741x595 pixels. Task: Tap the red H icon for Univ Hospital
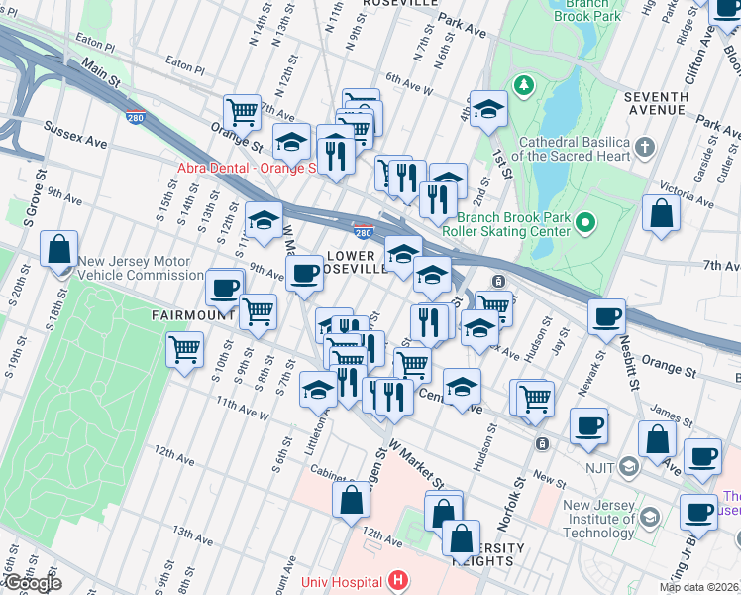click(397, 580)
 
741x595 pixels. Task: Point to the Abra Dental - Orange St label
click(246, 168)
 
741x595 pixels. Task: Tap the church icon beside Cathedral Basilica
click(645, 149)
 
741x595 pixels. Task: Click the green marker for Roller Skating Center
click(584, 224)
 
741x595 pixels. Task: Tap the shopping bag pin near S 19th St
click(59, 248)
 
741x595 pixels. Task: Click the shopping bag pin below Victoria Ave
click(661, 213)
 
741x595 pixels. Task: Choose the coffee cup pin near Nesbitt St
click(606, 317)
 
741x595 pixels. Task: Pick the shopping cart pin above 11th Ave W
click(185, 350)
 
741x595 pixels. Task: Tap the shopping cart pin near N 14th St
click(242, 112)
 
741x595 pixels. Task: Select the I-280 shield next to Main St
click(134, 117)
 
